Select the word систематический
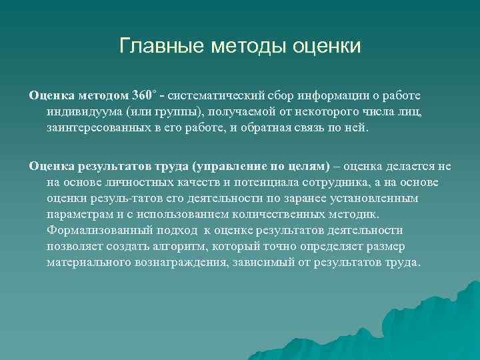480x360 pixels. tap(219, 94)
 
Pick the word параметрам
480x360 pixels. tap(80, 214)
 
